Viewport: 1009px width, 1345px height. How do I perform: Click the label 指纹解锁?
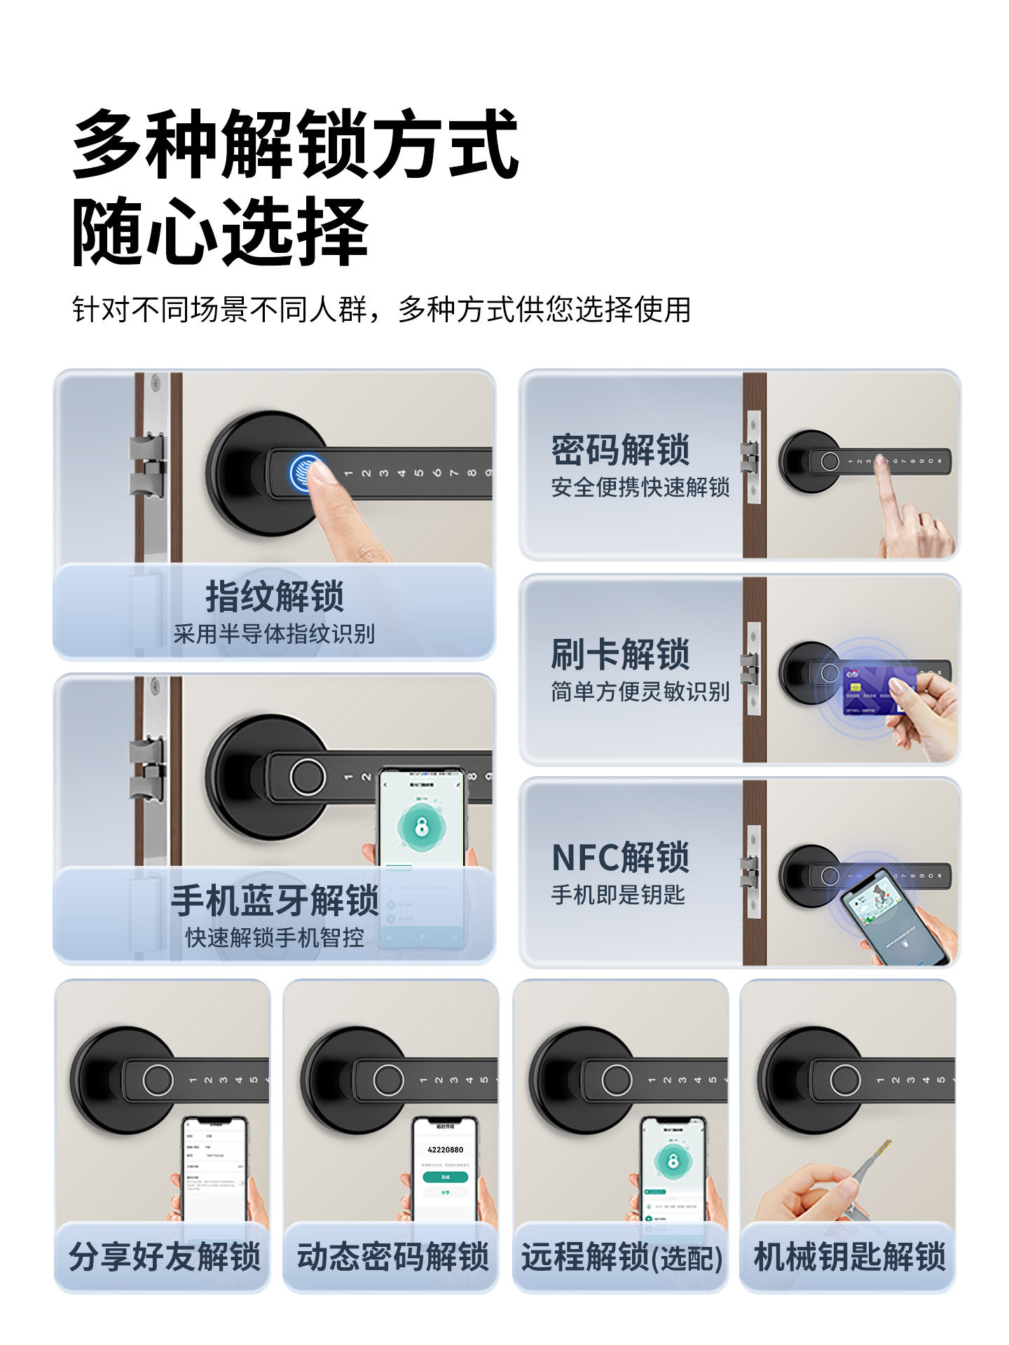click(275, 596)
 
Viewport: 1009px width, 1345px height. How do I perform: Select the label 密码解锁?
click(620, 450)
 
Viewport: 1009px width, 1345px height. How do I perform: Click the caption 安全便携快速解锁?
click(640, 487)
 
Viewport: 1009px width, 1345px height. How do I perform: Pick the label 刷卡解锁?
click(620, 654)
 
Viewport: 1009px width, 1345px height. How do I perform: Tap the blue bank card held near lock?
click(876, 690)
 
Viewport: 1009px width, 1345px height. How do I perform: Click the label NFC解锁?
click(620, 857)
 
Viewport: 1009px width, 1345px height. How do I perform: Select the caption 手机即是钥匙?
click(617, 895)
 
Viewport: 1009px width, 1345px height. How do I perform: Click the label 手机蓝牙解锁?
click(275, 900)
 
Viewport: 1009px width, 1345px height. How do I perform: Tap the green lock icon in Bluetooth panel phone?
click(421, 827)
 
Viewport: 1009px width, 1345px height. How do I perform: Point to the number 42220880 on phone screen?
click(445, 1150)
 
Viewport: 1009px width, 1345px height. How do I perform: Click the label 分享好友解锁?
click(165, 1256)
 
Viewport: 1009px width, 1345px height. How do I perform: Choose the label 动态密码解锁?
click(392, 1256)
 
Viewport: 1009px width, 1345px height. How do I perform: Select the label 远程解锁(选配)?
click(621, 1256)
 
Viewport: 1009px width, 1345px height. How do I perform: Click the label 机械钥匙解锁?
click(849, 1256)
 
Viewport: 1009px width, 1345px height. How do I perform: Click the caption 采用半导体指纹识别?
click(275, 634)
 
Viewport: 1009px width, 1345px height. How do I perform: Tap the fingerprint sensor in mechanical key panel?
click(844, 1080)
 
